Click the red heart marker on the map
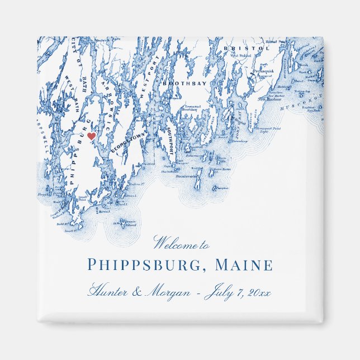91,136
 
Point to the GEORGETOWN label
122,143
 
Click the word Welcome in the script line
174,243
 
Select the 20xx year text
258,292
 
